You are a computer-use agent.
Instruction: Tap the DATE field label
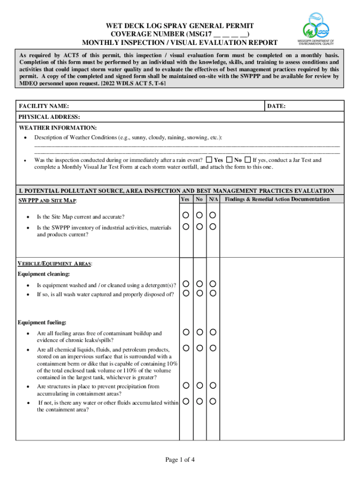click(276, 107)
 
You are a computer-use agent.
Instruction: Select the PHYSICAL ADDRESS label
click(49, 117)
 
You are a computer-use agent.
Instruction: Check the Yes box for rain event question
click(209, 160)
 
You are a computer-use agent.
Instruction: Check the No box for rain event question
click(229, 160)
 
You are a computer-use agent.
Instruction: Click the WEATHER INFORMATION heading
click(58, 128)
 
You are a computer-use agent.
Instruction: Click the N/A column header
click(213, 199)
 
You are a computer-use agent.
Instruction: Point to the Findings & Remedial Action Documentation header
click(277, 199)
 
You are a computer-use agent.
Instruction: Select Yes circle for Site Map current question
click(186, 215)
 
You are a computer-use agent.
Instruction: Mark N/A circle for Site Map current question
click(213, 215)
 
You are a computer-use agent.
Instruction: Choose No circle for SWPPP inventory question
click(199, 227)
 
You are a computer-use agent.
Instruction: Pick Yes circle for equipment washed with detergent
click(186, 284)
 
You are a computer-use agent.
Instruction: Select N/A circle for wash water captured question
click(213, 293)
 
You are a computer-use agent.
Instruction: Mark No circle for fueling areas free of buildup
click(199, 332)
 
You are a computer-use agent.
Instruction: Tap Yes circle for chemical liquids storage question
click(186, 348)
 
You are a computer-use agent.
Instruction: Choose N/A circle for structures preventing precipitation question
click(213, 385)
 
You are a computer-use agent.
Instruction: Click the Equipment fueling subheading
click(42, 322)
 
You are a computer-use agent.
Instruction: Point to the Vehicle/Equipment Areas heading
click(55, 264)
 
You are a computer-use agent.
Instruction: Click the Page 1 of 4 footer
click(180, 460)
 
